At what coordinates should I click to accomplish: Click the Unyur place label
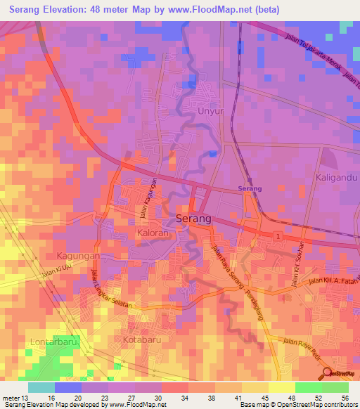point(210,112)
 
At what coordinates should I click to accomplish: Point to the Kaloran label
point(153,233)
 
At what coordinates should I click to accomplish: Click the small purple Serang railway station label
point(250,189)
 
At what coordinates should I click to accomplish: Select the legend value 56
point(345,398)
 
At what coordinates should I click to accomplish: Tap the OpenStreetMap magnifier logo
point(327,373)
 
